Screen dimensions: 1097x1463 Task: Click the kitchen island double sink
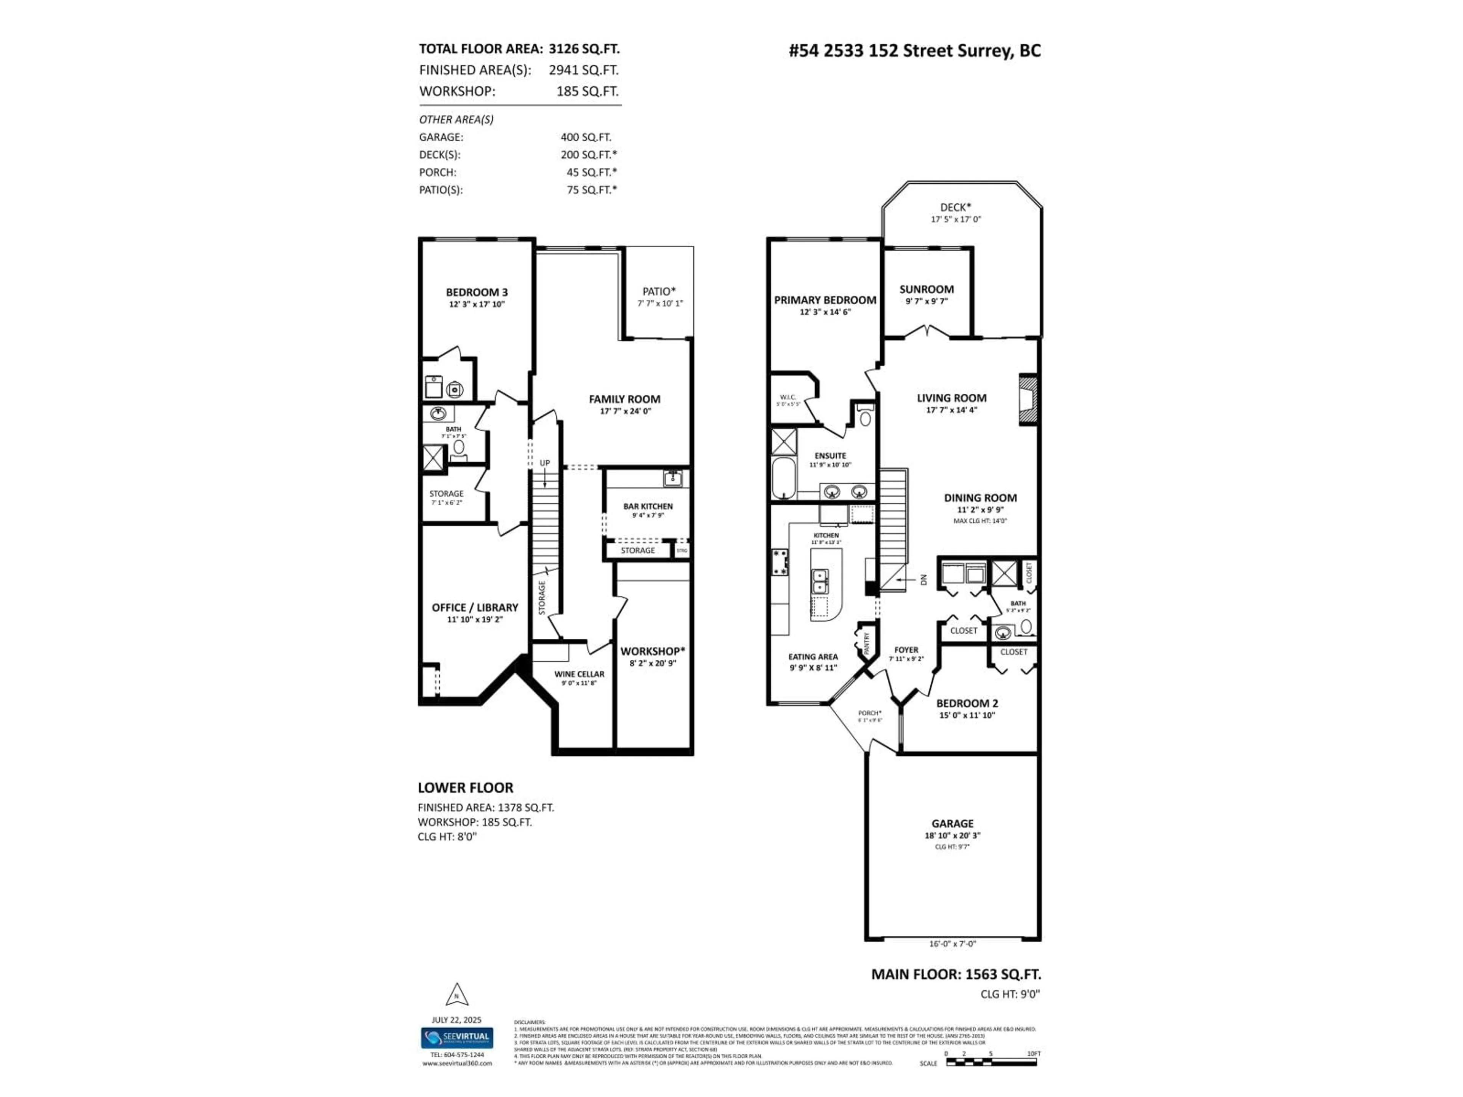point(820,582)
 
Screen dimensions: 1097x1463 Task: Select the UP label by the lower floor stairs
point(544,463)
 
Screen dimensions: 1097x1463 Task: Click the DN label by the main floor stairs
point(923,580)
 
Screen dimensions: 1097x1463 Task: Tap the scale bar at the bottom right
point(991,1062)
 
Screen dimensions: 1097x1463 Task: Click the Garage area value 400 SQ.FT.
point(585,138)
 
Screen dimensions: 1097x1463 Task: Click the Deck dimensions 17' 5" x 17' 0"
point(955,219)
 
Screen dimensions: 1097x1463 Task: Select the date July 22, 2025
point(456,1020)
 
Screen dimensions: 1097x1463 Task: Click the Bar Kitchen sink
point(672,477)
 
